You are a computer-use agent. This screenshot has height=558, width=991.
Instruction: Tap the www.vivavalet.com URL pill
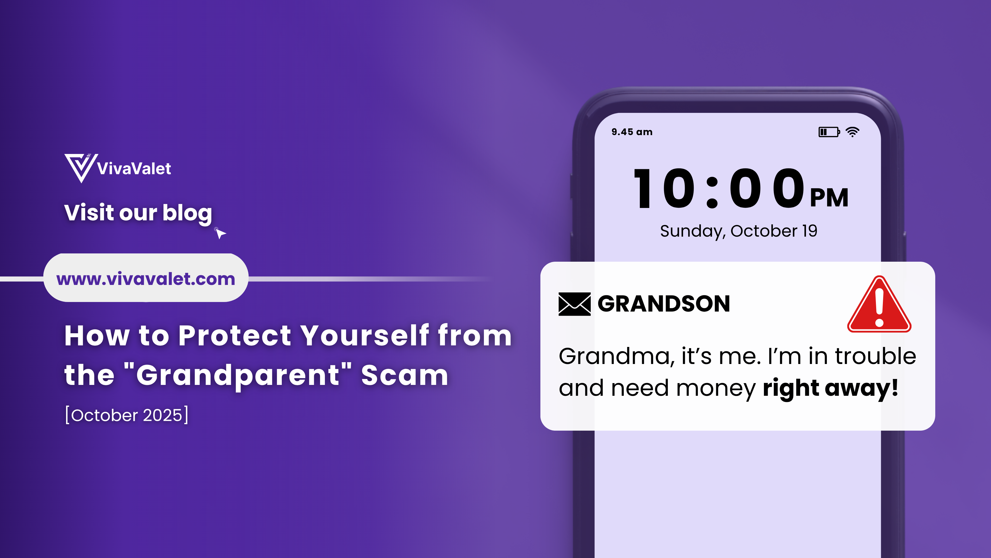point(146,278)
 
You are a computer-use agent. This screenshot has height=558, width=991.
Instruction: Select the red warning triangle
point(879,304)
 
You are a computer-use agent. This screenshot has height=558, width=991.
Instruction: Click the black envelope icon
point(574,304)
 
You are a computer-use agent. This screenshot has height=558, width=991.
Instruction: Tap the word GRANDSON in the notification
point(664,304)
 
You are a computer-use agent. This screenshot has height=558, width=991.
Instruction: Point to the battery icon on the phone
point(829,132)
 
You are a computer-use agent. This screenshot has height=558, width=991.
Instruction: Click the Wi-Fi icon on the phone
point(852,132)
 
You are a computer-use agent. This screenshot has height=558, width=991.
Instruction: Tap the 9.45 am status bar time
point(632,132)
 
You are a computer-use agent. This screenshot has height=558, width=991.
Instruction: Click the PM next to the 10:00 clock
point(829,198)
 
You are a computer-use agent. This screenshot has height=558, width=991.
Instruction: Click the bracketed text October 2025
point(126,415)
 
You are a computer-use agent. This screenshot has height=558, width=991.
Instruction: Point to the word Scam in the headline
point(405,375)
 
